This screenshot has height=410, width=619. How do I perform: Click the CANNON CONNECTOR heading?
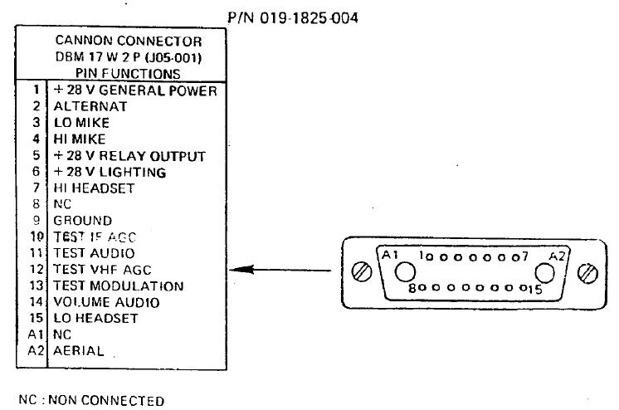coord(128,40)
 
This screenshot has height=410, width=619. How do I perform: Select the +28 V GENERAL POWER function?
coord(135,90)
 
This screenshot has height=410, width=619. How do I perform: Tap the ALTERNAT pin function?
coord(90,106)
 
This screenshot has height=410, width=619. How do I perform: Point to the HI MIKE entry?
coord(80,139)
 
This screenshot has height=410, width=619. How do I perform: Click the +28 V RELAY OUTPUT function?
coord(129,155)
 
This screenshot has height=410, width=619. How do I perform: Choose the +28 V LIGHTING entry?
coord(110,172)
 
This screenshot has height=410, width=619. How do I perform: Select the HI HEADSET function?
coord(94,188)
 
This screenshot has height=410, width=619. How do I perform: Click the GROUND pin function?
coord(83,221)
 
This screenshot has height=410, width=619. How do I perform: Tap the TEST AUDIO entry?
coord(94,252)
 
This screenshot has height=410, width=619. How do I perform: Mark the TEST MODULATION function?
coord(119,286)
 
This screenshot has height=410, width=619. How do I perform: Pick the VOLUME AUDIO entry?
coord(106,302)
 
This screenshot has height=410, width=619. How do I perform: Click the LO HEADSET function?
coord(95,318)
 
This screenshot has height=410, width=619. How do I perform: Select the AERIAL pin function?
coord(79,351)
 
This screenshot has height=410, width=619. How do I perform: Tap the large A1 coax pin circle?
coord(405,273)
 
